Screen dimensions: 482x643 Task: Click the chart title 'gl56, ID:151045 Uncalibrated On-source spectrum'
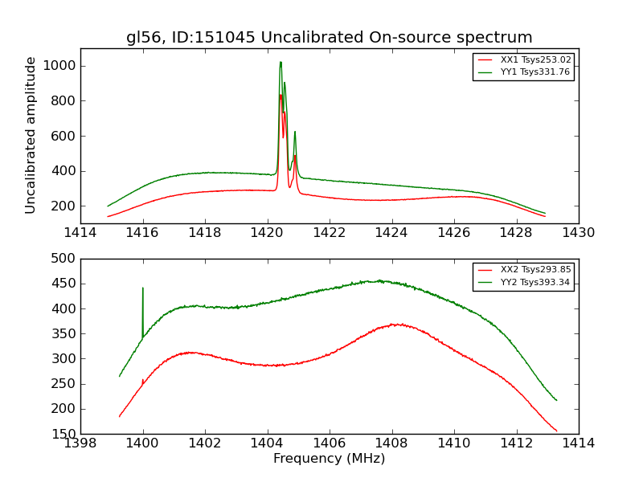pyautogui.click(x=329, y=38)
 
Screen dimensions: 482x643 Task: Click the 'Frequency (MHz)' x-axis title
pyautogui.click(x=329, y=459)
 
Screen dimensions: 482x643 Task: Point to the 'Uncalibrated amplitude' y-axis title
pyautogui.click(x=31, y=135)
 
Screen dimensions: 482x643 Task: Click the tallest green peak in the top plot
pyautogui.click(x=281, y=63)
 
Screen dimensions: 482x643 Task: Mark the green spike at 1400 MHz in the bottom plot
pyautogui.click(x=143, y=288)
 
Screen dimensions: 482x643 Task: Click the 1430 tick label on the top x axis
pyautogui.click(x=578, y=233)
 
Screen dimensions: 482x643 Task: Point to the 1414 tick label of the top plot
pyautogui.click(x=80, y=233)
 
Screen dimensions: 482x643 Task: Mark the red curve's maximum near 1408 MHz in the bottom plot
pyautogui.click(x=395, y=324)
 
